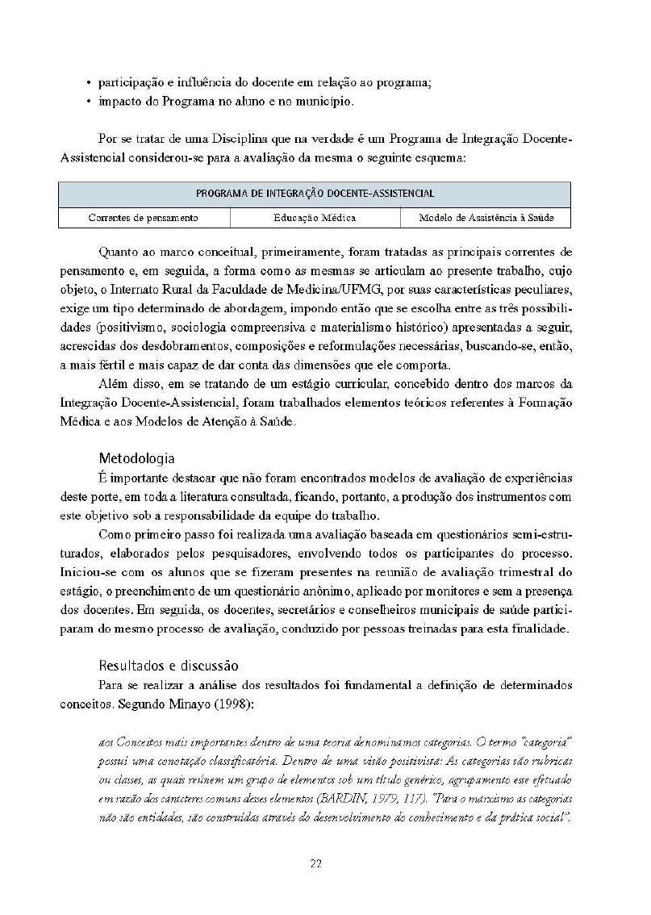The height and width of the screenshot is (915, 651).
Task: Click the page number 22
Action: click(x=316, y=863)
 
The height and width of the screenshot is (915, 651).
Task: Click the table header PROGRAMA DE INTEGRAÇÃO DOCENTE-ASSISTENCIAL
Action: click(x=315, y=194)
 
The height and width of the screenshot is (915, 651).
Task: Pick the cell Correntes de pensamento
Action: click(x=143, y=218)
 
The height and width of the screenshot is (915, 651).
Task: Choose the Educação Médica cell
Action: click(x=315, y=218)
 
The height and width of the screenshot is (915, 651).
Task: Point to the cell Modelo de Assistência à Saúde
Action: click(x=485, y=218)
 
